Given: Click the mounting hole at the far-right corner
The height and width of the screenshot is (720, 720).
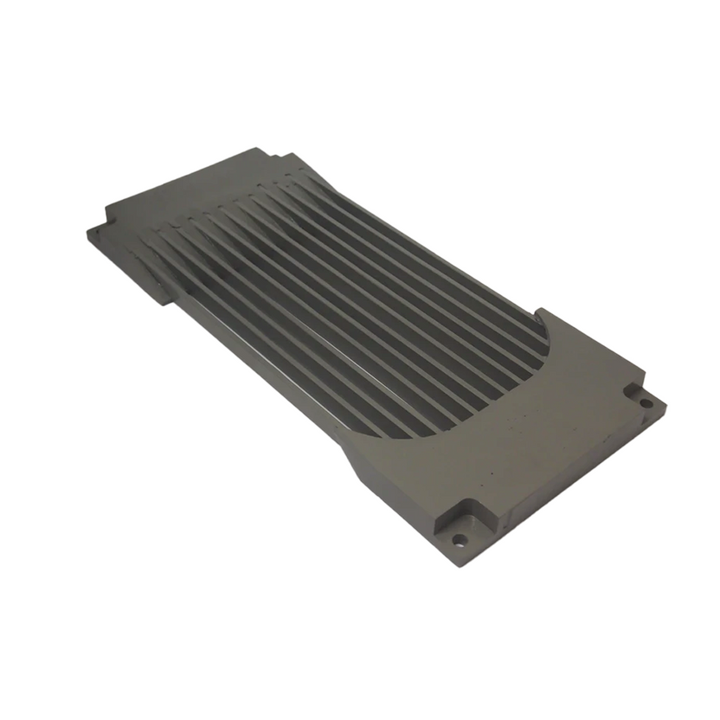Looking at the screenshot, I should tap(646, 402).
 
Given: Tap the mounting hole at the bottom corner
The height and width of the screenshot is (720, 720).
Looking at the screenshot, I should tap(459, 540).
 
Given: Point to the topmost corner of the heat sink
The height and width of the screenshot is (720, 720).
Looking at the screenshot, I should tap(258, 148).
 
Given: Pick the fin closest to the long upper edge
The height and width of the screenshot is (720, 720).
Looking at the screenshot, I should tap(433, 251).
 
